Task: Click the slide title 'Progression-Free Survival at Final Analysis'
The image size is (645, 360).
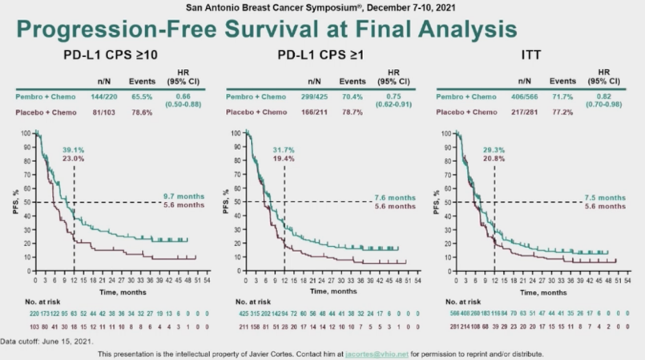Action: point(265,30)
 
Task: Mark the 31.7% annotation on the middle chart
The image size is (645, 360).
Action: point(284,149)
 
